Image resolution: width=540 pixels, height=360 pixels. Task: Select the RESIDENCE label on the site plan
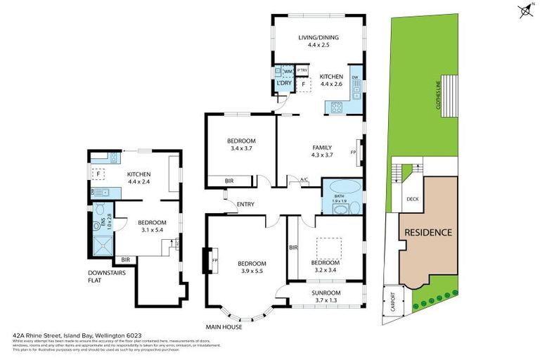pyautogui.click(x=427, y=232)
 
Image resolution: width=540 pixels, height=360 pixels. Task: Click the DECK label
pyautogui.click(x=412, y=199)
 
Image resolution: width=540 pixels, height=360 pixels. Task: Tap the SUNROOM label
pyautogui.click(x=326, y=292)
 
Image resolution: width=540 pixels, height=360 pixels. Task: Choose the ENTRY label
pyautogui.click(x=245, y=205)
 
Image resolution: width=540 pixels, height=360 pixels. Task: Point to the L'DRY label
pyautogui.click(x=284, y=84)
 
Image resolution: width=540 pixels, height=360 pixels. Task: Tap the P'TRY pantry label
pyautogui.click(x=302, y=71)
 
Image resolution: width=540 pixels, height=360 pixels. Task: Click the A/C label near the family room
pyautogui.click(x=304, y=180)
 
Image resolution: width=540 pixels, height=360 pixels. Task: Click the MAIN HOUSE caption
pyautogui.click(x=224, y=327)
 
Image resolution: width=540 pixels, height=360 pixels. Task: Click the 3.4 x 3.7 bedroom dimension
pyautogui.click(x=240, y=148)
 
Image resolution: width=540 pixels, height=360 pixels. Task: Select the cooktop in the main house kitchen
pyautogui.click(x=334, y=108)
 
